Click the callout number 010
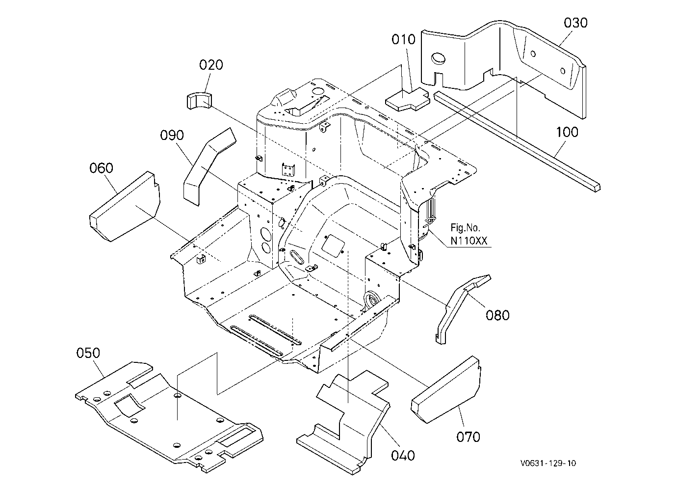tap(403, 39)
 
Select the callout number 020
tap(211, 65)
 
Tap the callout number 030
tap(575, 23)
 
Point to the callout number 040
tap(403, 455)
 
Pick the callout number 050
tap(88, 353)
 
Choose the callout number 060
tap(101, 167)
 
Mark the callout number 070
tap(468, 437)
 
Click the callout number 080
tap(497, 315)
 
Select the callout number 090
tap(172, 135)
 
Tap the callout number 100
tap(567, 132)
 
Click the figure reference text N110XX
tap(469, 241)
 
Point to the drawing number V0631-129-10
tap(548, 463)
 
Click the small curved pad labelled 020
tap(199, 101)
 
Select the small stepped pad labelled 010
tap(407, 99)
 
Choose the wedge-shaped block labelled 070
tap(446, 390)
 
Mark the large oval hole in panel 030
tap(438, 58)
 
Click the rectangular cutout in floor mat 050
tap(130, 405)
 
